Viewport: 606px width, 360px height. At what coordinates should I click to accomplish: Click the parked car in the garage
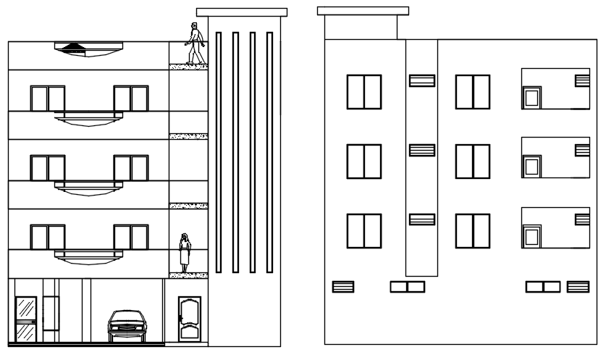pos(127,326)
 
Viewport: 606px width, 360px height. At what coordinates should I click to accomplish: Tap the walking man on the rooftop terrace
pos(194,44)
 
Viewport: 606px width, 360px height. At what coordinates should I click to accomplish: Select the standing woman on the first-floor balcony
pos(185,253)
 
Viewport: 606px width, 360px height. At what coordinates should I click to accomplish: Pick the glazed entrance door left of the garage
pos(26,319)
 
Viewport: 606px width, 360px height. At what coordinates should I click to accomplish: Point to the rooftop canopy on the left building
pos(87,48)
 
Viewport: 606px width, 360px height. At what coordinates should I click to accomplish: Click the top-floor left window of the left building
pos(48,99)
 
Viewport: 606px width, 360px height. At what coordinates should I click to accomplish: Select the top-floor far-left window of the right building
pos(363,92)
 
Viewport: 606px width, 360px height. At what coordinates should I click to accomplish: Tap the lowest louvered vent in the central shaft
pos(421,219)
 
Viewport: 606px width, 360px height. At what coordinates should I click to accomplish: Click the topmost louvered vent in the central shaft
pos(421,80)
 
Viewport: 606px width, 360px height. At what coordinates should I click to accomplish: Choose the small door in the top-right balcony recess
pos(532,98)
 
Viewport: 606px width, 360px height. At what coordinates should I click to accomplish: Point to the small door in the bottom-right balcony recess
pos(532,237)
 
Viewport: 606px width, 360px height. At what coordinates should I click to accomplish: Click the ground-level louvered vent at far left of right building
pos(342,287)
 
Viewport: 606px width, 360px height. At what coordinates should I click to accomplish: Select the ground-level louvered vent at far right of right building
pos(578,287)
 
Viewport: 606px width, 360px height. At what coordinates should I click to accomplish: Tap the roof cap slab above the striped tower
pos(242,12)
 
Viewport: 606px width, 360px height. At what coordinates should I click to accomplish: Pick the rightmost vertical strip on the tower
pos(269,152)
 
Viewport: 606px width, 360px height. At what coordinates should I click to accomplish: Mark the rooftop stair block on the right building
pos(361,26)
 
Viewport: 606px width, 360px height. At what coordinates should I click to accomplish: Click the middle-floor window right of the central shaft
pos(472,162)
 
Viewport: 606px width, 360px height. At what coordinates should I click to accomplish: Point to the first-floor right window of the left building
pos(131,238)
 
